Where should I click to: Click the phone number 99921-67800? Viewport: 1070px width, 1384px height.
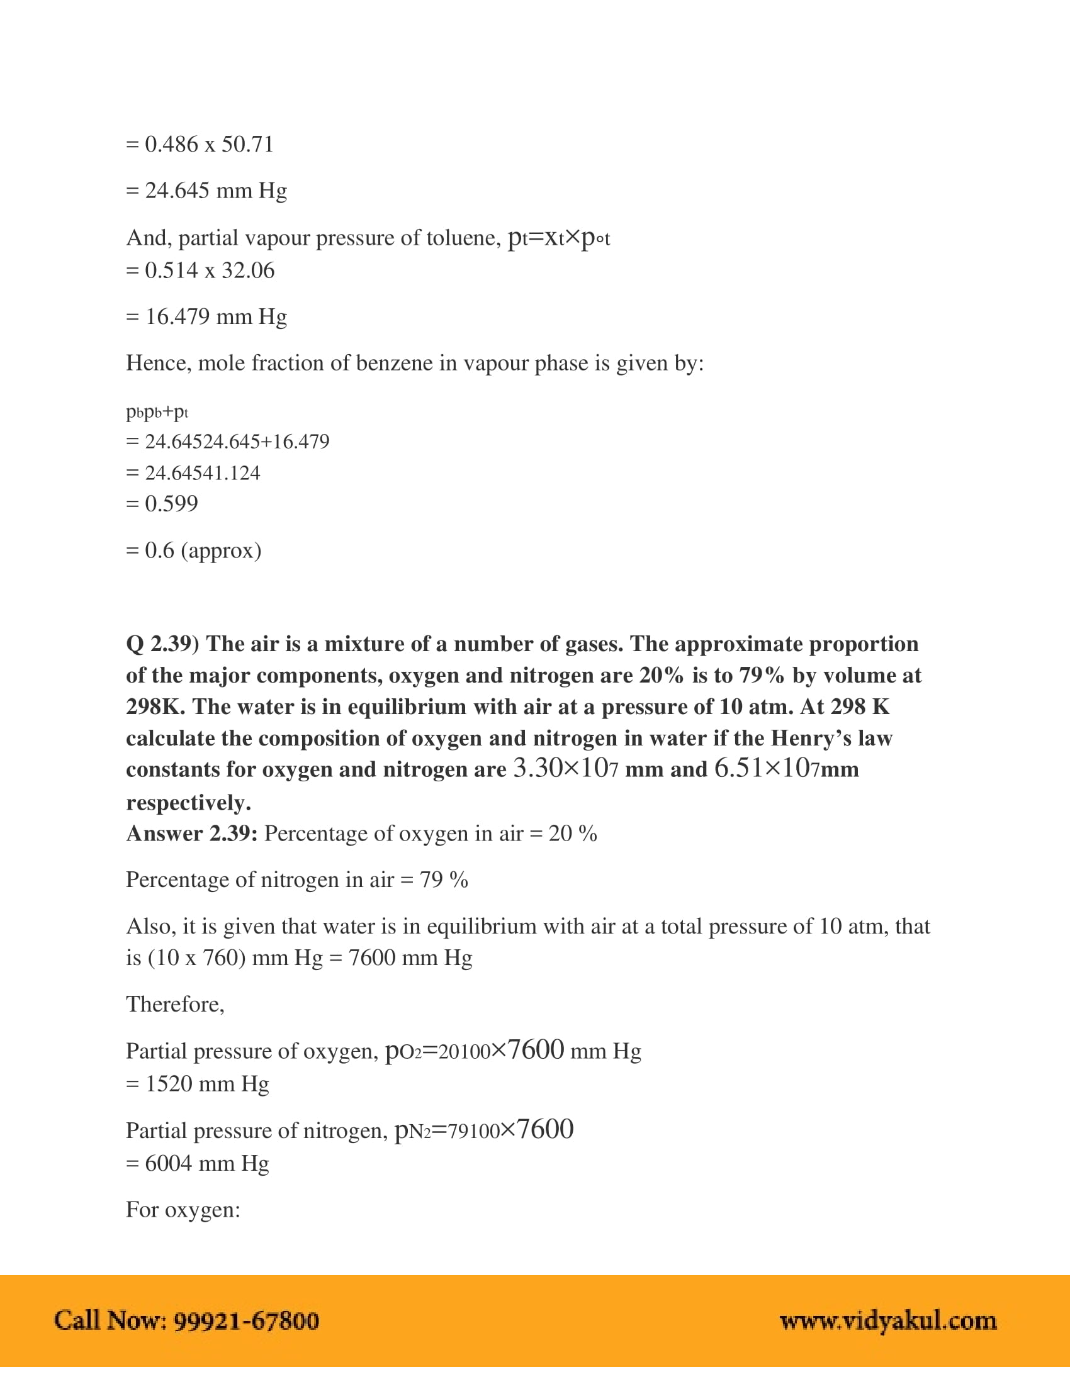click(246, 1321)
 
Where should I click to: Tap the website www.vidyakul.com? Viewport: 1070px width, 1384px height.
click(888, 1321)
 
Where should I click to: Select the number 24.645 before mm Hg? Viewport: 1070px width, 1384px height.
click(177, 191)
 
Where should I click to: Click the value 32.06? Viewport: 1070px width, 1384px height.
click(248, 271)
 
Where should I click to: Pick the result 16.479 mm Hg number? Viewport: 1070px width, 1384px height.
click(177, 317)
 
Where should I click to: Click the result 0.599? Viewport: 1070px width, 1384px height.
click(171, 504)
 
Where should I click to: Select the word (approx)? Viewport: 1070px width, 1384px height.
click(221, 550)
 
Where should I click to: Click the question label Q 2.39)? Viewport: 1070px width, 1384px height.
click(162, 644)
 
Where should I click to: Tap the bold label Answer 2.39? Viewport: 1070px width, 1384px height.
click(191, 834)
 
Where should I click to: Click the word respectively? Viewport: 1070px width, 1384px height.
click(188, 803)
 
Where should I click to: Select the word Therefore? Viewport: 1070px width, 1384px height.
click(175, 1005)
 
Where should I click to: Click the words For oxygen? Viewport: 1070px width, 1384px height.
click(183, 1210)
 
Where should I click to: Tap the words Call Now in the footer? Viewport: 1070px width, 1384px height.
click(110, 1321)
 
